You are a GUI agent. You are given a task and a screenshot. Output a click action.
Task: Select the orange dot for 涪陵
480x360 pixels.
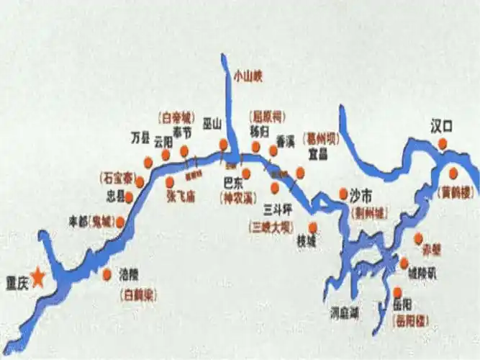[x=107, y=274]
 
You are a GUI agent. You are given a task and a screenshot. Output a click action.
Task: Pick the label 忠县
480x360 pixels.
[x=115, y=196]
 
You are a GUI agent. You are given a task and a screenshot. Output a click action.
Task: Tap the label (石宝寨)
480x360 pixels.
[x=117, y=176]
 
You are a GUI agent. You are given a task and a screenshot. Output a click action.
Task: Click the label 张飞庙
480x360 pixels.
[x=181, y=194]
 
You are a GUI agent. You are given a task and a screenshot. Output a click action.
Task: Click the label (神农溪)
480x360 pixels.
[x=239, y=197]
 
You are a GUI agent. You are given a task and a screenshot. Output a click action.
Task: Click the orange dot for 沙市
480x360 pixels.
[x=343, y=194]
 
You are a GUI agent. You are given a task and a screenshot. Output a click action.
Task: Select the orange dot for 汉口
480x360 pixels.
[x=442, y=144]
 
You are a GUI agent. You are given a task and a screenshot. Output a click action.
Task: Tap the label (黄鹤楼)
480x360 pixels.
[x=457, y=192]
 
